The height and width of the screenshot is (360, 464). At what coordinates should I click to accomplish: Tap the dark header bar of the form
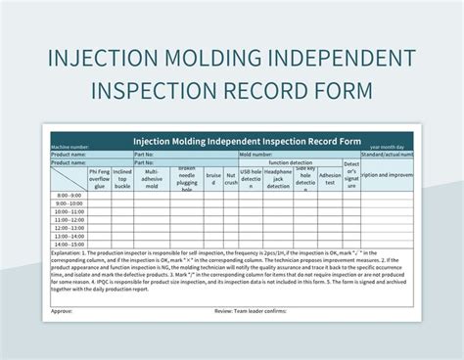(231, 138)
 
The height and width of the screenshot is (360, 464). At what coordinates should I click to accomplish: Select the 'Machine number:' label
(74, 148)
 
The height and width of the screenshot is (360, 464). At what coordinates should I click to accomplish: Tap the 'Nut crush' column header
(231, 180)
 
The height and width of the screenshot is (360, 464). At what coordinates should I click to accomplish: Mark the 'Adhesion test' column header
(330, 180)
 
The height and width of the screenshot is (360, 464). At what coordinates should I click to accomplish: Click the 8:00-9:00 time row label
(70, 196)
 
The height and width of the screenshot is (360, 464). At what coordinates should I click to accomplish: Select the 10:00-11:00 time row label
(70, 211)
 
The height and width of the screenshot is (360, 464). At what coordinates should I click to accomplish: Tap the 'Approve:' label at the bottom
(62, 311)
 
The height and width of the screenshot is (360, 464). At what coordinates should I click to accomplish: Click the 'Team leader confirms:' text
(264, 311)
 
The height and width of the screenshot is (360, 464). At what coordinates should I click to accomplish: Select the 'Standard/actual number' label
(388, 155)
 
